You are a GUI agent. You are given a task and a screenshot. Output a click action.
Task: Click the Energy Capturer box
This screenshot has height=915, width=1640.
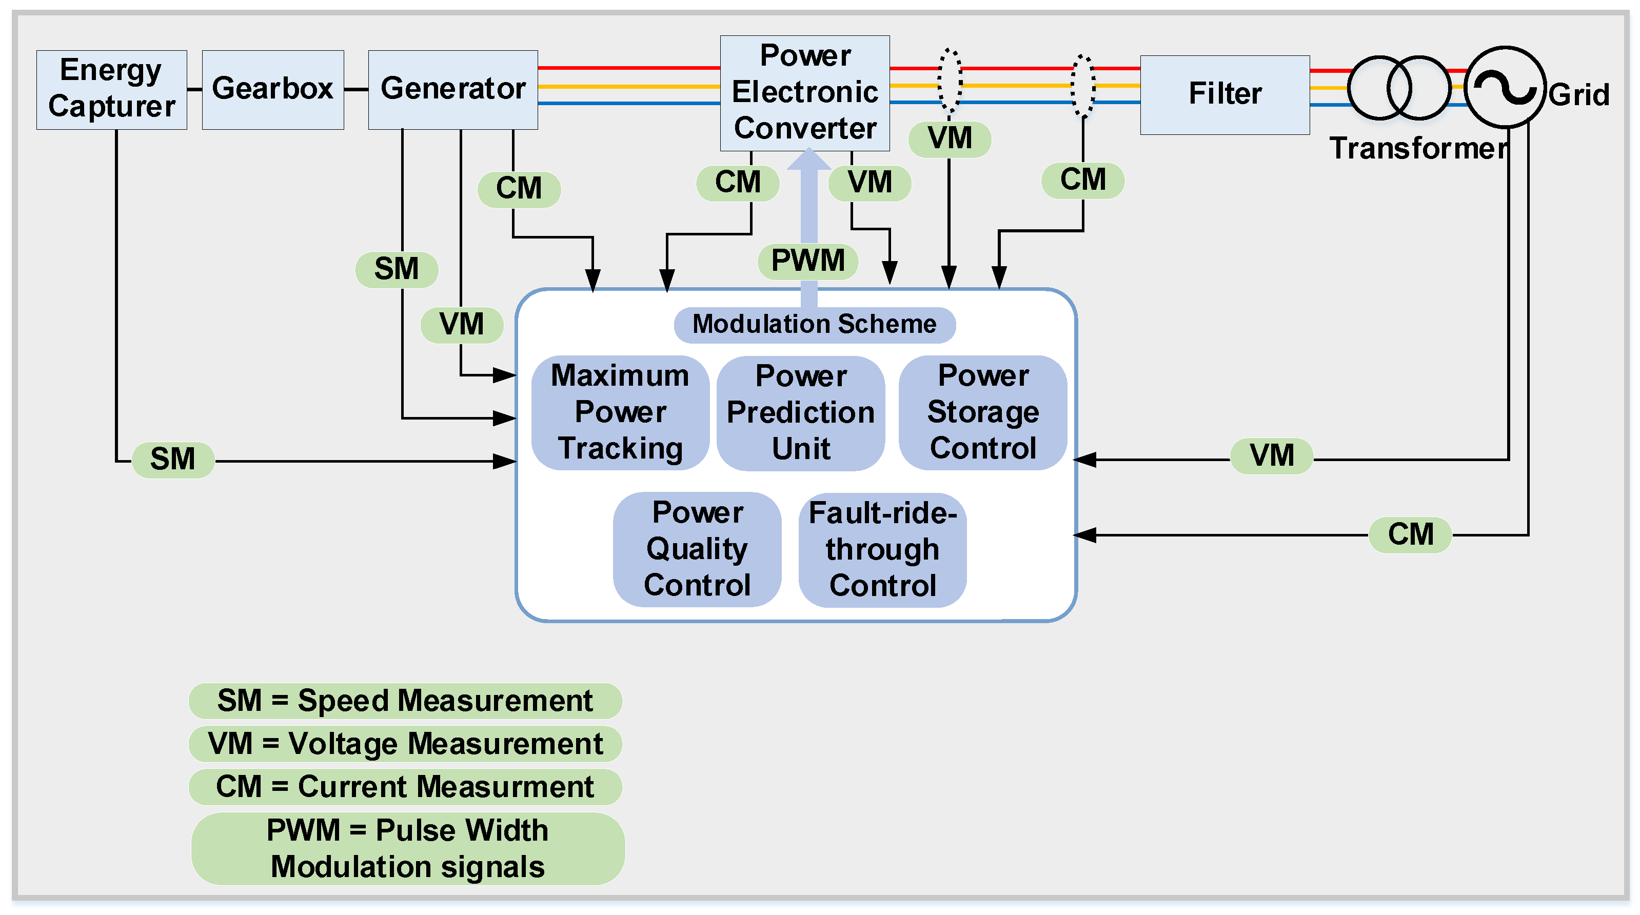[111, 90]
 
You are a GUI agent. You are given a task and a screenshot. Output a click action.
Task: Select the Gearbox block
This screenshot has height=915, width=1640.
[272, 90]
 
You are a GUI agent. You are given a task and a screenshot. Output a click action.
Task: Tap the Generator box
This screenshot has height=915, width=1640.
[452, 90]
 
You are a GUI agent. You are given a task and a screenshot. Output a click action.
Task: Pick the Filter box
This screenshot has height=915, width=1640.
[1224, 95]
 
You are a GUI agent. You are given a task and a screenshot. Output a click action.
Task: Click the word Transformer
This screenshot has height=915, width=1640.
[1418, 148]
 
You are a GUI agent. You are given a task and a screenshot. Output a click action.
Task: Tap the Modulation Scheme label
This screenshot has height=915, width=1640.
[814, 325]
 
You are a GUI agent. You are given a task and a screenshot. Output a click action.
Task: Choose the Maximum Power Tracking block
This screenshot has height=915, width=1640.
[620, 412]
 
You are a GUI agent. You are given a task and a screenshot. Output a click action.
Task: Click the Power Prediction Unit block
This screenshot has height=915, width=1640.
[800, 412]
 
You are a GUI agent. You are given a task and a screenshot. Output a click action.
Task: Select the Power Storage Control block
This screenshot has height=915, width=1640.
[982, 412]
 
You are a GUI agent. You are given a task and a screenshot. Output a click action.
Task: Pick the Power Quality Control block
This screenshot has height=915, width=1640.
[697, 549]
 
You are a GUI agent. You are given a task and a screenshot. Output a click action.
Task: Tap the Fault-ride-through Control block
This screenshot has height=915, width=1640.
[882, 549]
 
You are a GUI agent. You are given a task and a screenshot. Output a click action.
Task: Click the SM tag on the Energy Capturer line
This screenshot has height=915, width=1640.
[172, 460]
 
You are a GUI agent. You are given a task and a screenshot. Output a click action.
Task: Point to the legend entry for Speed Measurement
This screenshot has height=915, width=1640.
[405, 701]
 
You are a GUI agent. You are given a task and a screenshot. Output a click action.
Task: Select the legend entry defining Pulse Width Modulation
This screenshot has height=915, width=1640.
[407, 849]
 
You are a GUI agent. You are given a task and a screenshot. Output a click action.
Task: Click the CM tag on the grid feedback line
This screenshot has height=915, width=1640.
[1410, 534]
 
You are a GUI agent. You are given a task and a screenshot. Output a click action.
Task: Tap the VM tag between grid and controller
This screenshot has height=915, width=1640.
[1271, 456]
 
